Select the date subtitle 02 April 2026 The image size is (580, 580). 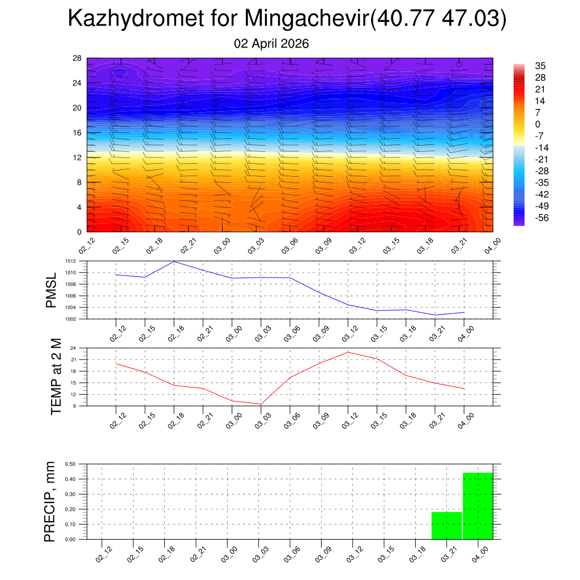[271, 44]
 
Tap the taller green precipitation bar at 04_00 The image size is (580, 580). [477, 506]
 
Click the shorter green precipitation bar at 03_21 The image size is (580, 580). [446, 525]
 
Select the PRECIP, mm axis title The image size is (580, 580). [50, 501]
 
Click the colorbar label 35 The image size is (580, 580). [540, 66]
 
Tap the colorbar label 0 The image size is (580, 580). [538, 124]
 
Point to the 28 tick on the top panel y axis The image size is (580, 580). [77, 58]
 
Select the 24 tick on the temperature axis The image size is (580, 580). [74, 348]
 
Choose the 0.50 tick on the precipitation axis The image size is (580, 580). [70, 464]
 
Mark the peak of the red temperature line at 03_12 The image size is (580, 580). [348, 352]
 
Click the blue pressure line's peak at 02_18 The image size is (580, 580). [174, 262]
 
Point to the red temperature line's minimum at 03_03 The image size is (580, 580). [261, 404]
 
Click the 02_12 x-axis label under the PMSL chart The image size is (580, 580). [116, 334]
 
